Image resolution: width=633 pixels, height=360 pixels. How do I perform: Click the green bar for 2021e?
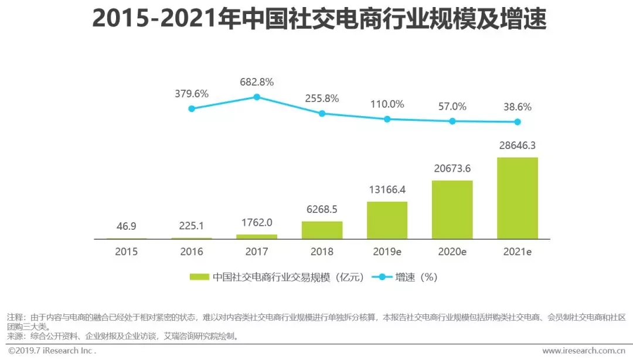tap(517, 198)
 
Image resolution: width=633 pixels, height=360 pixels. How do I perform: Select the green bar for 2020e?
tap(452, 209)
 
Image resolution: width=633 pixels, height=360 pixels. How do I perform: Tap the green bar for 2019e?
tap(387, 220)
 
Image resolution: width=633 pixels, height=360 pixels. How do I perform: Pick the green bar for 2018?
tap(322, 230)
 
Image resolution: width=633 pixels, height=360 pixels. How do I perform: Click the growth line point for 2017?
tap(257, 97)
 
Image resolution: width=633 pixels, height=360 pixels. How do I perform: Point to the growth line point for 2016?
tap(192, 108)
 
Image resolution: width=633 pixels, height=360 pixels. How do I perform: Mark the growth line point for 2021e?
tap(518, 122)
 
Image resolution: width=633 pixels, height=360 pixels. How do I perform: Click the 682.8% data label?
tap(257, 82)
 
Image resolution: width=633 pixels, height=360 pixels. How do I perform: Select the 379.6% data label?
tap(192, 94)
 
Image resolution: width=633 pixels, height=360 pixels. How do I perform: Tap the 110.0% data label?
tap(387, 104)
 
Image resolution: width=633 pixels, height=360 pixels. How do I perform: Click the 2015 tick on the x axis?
tap(127, 252)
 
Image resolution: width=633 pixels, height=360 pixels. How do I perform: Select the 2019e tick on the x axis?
tap(387, 252)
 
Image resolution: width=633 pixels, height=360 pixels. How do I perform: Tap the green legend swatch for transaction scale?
tap(199, 277)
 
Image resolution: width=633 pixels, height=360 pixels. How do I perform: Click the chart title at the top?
tap(316, 19)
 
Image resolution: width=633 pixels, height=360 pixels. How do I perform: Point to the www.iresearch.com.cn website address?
tap(583, 351)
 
